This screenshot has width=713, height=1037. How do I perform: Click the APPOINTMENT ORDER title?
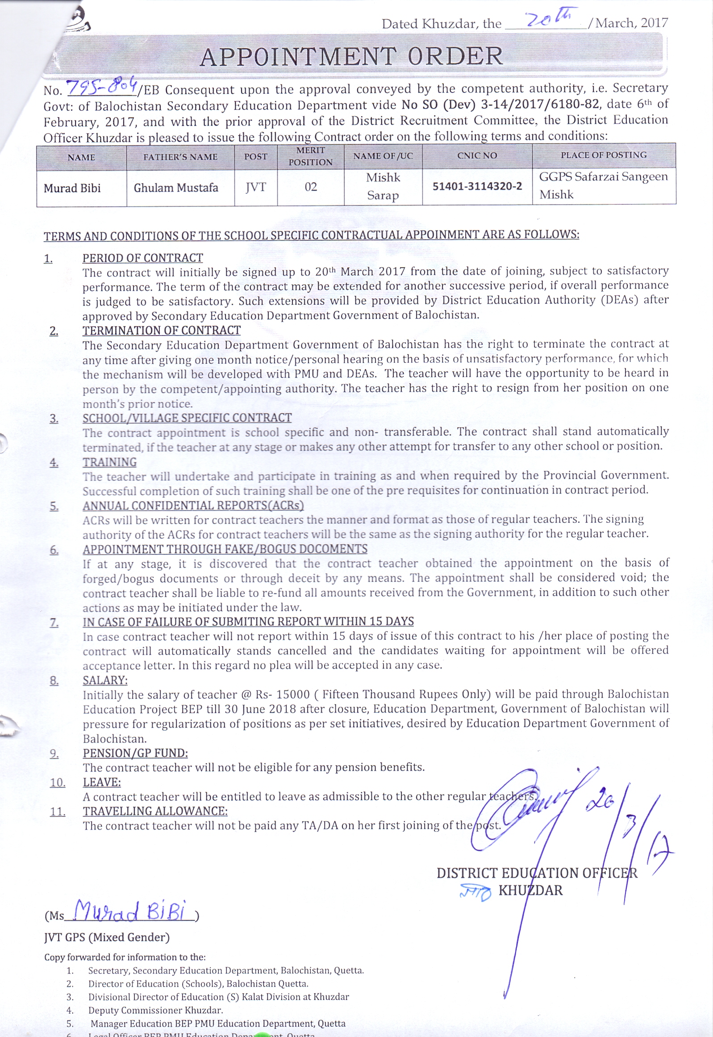[351, 57]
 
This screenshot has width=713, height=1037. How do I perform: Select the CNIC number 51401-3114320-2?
[477, 186]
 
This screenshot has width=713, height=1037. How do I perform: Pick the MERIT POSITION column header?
[310, 156]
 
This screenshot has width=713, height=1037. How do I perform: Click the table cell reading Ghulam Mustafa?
[176, 188]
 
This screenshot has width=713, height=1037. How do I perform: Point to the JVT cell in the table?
[255, 187]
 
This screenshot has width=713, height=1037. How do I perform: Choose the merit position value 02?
[310, 187]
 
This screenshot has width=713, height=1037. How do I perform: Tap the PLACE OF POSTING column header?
[604, 155]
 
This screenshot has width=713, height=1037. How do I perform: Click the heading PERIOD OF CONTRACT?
[142, 258]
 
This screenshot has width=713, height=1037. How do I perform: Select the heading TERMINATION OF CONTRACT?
[161, 330]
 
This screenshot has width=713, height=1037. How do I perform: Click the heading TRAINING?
[109, 462]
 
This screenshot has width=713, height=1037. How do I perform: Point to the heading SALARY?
[105, 680]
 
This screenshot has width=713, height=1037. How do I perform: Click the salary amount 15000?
[293, 694]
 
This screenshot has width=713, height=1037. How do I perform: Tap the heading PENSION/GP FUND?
[135, 753]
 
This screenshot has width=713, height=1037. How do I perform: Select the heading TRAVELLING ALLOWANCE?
[155, 811]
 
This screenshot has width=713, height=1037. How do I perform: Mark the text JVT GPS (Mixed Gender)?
[107, 937]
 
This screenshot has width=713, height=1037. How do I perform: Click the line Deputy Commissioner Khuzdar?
[155, 1010]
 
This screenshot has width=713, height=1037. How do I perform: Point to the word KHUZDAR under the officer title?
[530, 890]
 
